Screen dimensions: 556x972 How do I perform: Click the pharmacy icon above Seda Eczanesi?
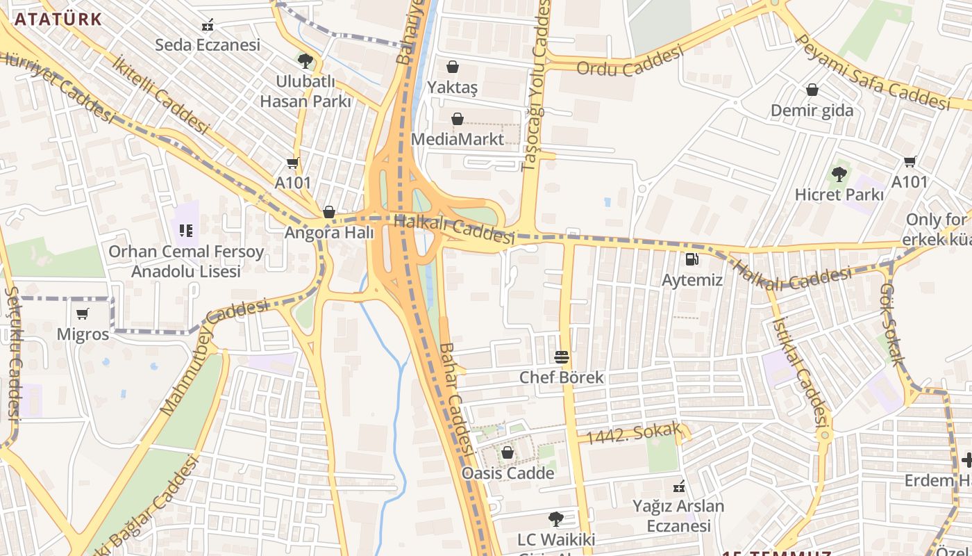tap(207, 26)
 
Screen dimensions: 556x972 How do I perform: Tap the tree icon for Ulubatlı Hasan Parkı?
tap(304, 61)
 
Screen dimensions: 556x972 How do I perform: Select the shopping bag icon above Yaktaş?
tap(453, 67)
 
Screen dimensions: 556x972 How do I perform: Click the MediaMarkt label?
tap(458, 139)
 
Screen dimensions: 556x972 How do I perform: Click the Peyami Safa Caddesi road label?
tap(872, 73)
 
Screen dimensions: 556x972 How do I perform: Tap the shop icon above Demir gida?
tap(812, 90)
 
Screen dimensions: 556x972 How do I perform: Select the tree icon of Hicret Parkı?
tap(839, 174)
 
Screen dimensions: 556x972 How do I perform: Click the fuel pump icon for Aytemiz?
tap(692, 260)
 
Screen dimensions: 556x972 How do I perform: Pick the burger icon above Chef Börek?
tap(562, 358)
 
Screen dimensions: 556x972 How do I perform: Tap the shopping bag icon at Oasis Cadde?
tap(508, 453)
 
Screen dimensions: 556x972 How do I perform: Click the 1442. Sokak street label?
tap(633, 434)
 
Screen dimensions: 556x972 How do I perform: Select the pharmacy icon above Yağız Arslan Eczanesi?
tap(679, 486)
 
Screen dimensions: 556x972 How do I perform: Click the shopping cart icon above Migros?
tap(83, 314)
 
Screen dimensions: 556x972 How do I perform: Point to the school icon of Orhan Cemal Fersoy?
tap(185, 230)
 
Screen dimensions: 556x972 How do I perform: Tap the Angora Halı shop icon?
tap(329, 212)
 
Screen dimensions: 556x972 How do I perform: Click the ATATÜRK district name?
tap(58, 19)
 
